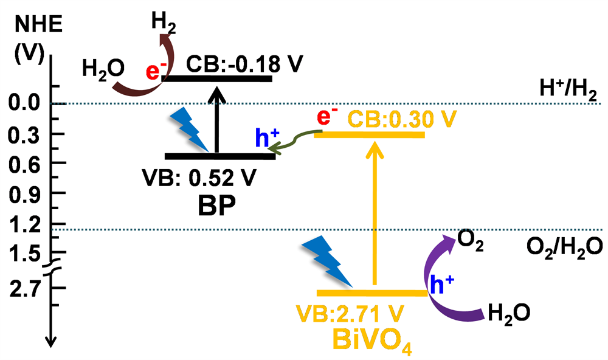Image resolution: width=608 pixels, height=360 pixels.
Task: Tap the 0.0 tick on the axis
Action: tap(23, 104)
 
